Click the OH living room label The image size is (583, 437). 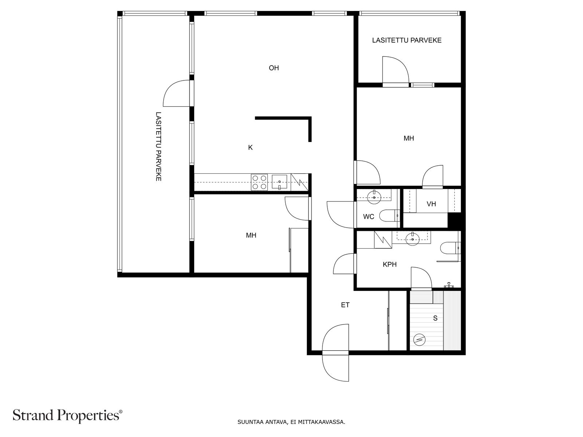274,68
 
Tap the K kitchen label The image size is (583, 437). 250,147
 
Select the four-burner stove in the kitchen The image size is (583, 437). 259,182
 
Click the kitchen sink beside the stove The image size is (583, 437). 279,182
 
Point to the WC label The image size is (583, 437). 368,217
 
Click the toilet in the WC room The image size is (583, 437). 390,216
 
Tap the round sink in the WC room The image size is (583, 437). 374,197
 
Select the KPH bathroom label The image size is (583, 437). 390,264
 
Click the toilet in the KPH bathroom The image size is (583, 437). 450,248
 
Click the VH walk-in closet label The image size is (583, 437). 431,204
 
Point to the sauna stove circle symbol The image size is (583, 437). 419,340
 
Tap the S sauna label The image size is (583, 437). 435,318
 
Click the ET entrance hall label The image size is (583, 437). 345,305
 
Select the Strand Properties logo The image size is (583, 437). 68,415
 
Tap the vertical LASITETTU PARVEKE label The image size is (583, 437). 158,146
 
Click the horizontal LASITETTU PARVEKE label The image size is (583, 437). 407,40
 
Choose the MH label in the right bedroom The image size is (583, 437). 409,138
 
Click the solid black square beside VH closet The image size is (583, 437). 455,220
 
